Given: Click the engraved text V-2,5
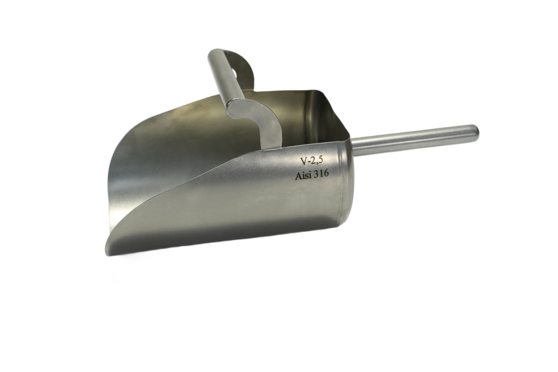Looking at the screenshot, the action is click(x=312, y=161).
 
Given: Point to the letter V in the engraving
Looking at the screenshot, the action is click(x=304, y=162).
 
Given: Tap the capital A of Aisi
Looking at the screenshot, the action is click(x=298, y=176).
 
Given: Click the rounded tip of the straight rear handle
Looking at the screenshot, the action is click(x=475, y=130).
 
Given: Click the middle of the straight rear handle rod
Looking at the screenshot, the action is click(x=415, y=139).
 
